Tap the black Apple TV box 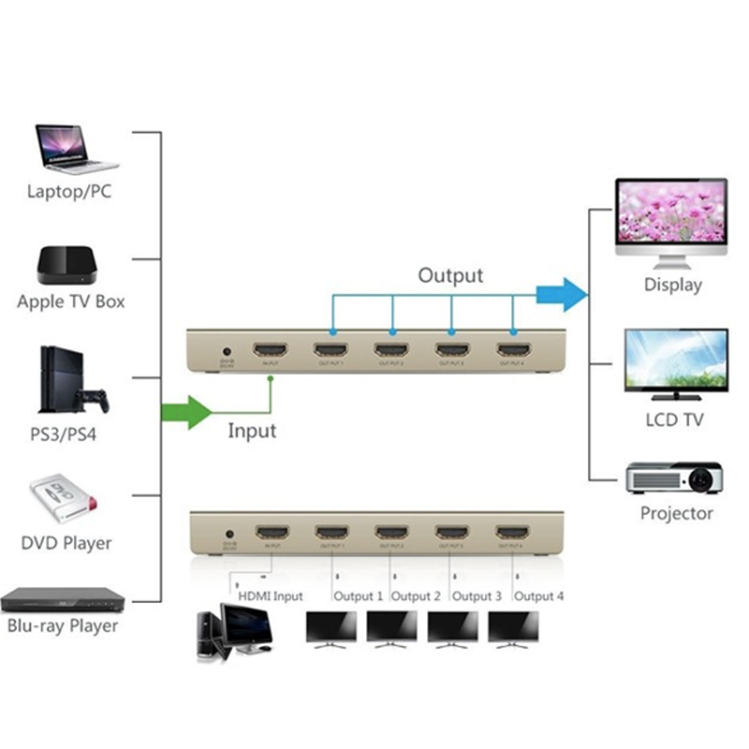68,266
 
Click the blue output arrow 561,295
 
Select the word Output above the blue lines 450,275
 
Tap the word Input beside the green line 252,431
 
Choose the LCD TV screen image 676,360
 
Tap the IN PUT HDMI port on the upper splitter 271,352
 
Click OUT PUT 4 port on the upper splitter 511,352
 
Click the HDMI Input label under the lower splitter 270,596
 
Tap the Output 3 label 477,596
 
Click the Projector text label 676,513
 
